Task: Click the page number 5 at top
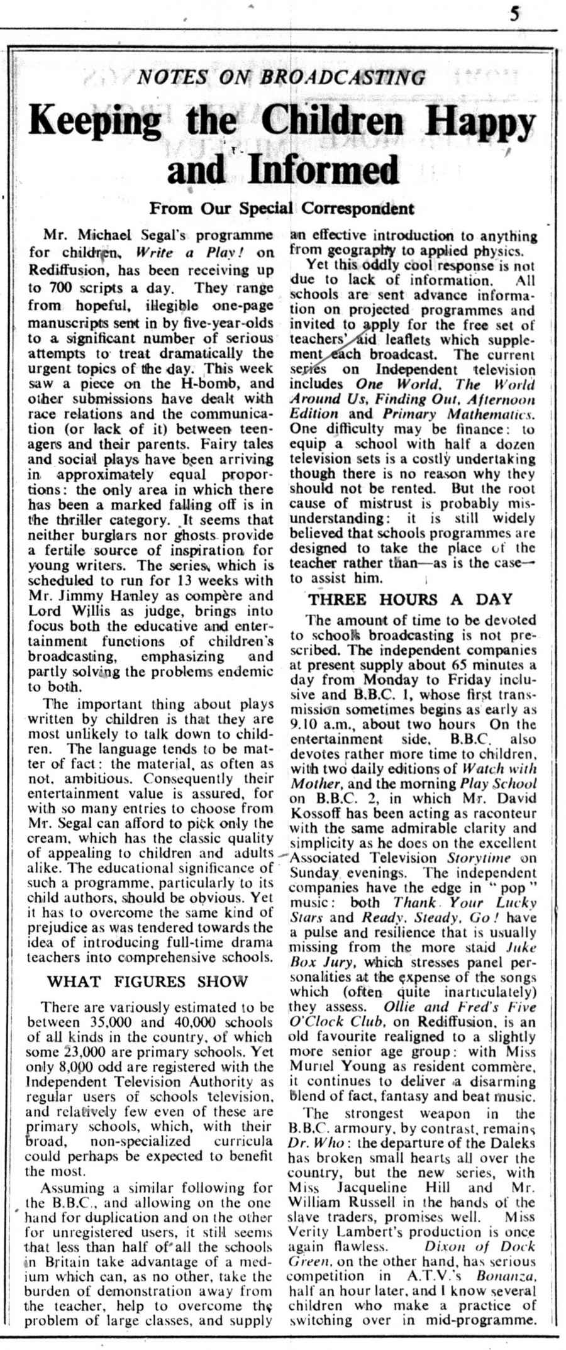click(x=515, y=14)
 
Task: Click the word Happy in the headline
click(x=487, y=124)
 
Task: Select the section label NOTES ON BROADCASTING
click(x=281, y=77)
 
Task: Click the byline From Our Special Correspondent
click(x=282, y=207)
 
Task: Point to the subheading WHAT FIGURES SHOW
click(x=148, y=982)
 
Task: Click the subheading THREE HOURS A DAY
click(x=410, y=599)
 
